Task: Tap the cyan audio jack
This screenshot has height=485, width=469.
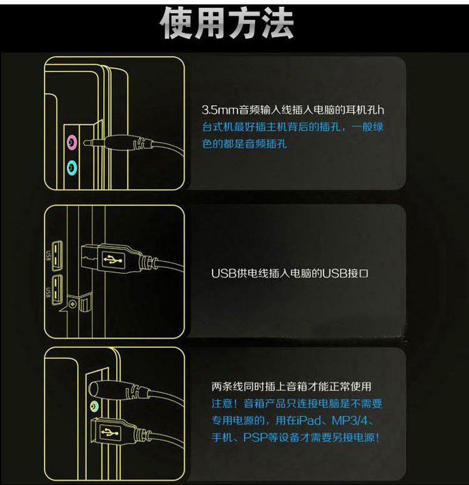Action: (x=72, y=166)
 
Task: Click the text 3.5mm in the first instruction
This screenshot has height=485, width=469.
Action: (x=216, y=110)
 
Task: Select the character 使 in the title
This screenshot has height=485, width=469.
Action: (x=178, y=24)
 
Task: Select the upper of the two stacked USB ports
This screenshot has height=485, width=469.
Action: (x=59, y=253)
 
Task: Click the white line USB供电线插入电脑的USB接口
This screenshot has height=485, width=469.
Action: (x=290, y=273)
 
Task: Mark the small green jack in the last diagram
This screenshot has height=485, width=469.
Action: (x=94, y=406)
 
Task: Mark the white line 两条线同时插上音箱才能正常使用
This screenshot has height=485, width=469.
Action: (x=291, y=387)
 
